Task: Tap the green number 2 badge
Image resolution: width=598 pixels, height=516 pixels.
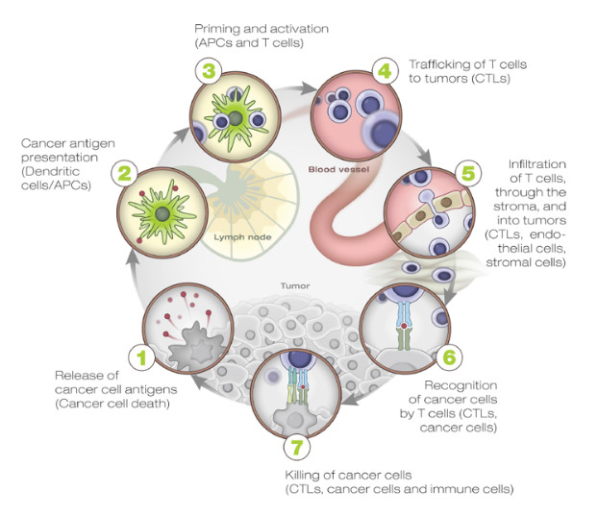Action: point(123,174)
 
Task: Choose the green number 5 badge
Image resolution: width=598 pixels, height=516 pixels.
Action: point(468,173)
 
